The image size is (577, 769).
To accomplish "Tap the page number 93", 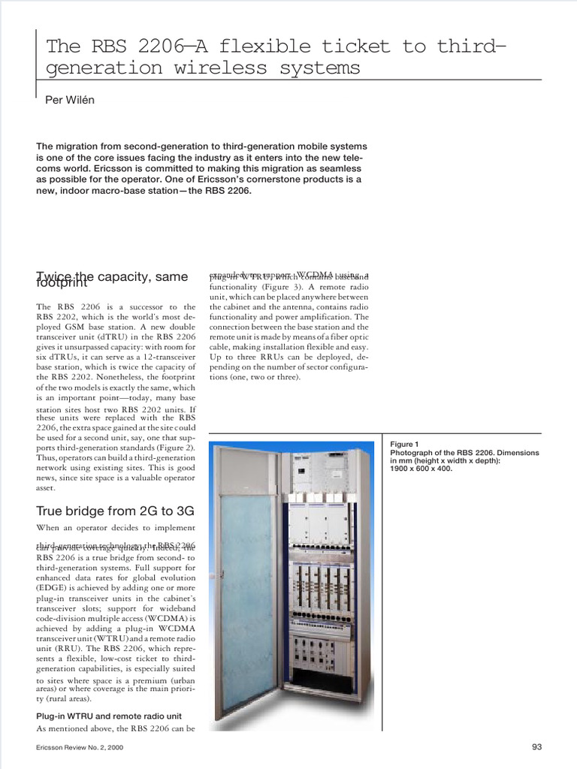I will click(536, 746).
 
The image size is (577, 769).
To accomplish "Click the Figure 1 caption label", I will click(405, 445).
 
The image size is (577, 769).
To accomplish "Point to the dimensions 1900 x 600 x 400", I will click(421, 469).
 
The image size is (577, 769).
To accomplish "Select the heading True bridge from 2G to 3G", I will click(115, 511).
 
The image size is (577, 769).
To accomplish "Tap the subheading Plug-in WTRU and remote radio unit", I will click(109, 716).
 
